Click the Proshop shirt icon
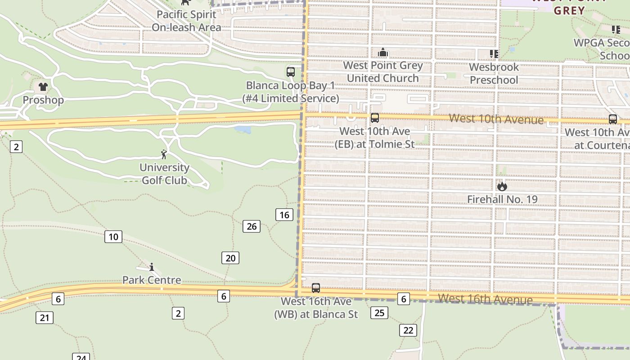coord(43,87)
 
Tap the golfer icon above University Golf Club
coord(164,154)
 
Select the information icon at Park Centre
coord(152,267)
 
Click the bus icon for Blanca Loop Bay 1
coord(291,72)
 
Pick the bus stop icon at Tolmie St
coord(374,118)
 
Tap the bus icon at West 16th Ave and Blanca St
coord(316,288)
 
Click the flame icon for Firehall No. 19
coord(502,186)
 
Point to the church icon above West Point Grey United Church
coord(383,53)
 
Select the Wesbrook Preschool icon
coord(494,54)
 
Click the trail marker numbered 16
coord(284,215)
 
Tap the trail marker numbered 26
coord(252,226)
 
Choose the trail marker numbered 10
coord(113,237)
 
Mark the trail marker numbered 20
coord(230,258)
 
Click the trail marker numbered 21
coord(45,318)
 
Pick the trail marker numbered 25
coord(379,312)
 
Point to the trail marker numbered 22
coord(408,330)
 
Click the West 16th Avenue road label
coord(485,299)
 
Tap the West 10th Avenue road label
coord(496,119)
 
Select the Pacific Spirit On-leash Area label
coord(186,21)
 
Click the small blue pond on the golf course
coord(243,130)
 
